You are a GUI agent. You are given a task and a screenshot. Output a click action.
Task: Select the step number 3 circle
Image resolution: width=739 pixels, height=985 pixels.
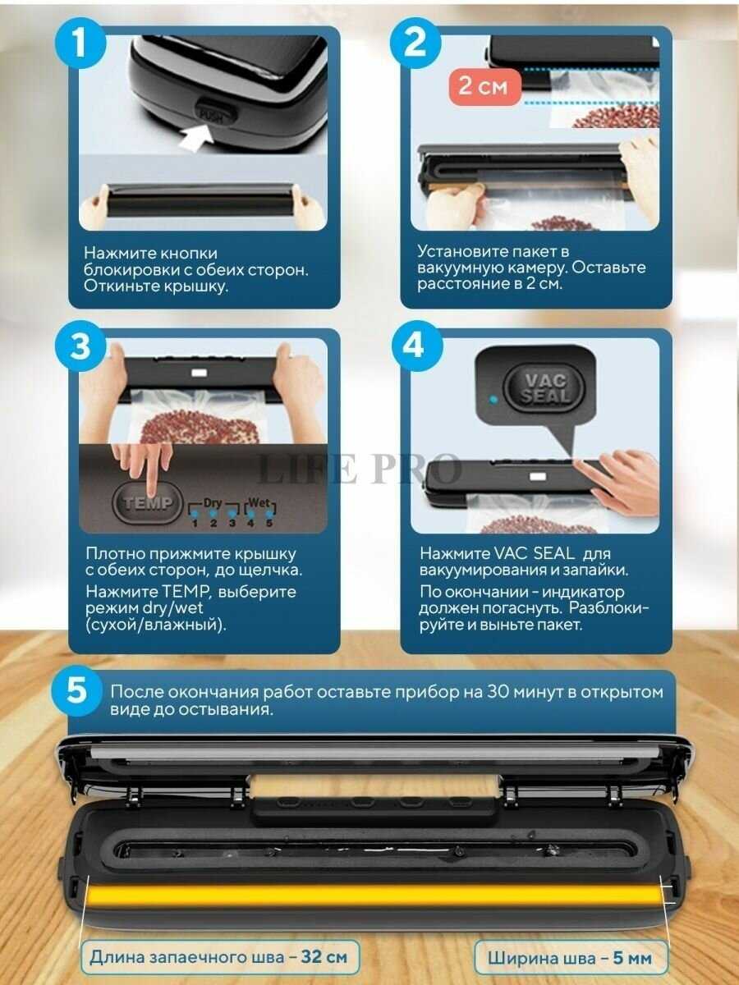tap(80, 346)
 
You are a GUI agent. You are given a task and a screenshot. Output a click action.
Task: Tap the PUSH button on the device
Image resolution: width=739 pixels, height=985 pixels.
tap(215, 112)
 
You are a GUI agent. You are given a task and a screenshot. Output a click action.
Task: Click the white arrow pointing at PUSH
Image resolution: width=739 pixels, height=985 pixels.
tap(196, 139)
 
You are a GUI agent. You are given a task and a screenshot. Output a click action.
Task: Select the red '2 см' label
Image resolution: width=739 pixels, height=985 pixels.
tap(484, 87)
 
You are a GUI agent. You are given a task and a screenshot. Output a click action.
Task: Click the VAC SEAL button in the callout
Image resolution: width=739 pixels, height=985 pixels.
tap(544, 388)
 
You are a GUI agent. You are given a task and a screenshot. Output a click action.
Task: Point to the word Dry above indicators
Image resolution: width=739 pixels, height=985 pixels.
tap(213, 502)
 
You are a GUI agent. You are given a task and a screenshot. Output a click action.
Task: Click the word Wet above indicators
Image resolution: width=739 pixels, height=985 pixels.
tap(259, 502)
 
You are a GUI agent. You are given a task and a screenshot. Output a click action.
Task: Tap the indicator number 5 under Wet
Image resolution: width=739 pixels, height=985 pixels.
tap(269, 523)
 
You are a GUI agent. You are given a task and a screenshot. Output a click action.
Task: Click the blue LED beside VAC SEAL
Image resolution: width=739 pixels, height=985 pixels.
tap(493, 398)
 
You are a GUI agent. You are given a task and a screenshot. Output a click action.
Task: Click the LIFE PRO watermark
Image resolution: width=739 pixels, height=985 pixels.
tap(358, 470)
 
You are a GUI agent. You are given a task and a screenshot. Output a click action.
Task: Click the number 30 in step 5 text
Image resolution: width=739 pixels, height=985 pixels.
tap(496, 691)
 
